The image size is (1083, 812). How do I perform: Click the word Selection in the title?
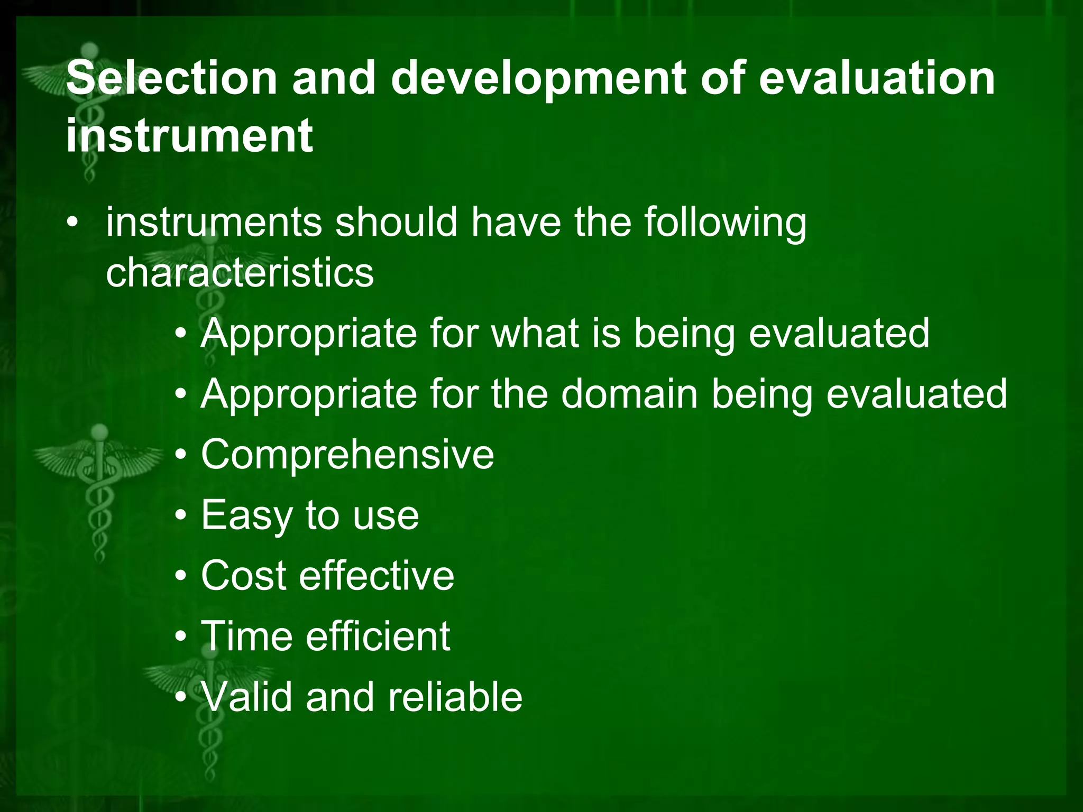click(x=172, y=78)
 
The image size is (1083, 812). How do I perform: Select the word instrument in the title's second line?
click(x=189, y=135)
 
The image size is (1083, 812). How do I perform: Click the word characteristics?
click(x=240, y=273)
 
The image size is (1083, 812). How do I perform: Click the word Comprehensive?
click(x=347, y=454)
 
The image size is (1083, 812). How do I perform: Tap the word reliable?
click(x=455, y=697)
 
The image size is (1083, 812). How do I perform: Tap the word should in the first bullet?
click(x=396, y=222)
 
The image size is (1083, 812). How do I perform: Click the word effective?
click(x=376, y=575)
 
